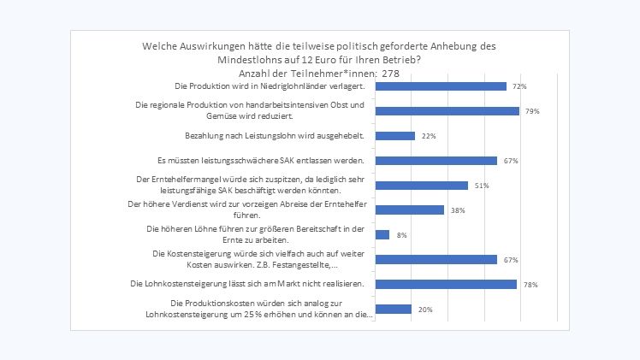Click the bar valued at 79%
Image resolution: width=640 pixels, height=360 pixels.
pos(447,111)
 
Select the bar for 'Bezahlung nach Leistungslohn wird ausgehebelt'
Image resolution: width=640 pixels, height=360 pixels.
pos(396,136)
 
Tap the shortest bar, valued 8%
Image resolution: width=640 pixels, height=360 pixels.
pos(383,234)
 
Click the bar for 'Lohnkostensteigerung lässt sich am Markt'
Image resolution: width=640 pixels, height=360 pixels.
pos(447,284)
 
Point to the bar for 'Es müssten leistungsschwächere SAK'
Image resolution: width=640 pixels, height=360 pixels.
pos(437,161)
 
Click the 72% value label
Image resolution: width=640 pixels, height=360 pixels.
pos(519,86)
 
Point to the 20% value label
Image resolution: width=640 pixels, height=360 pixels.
pos(425,309)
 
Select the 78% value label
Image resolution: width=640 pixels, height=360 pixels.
pos(530,284)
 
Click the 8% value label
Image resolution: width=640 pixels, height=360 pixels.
pos(402,234)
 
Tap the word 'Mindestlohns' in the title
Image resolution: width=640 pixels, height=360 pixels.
pos(250,60)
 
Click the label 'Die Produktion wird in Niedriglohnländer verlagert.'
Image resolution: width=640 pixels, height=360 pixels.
pos(270,86)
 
